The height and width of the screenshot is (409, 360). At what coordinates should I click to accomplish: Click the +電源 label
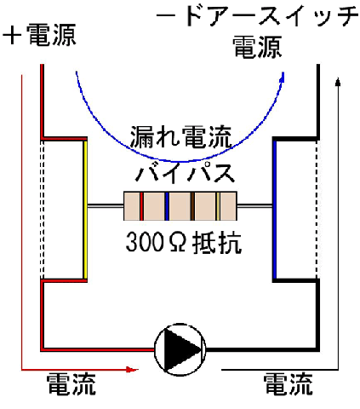(x=39, y=35)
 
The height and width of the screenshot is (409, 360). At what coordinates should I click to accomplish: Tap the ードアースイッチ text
(x=257, y=15)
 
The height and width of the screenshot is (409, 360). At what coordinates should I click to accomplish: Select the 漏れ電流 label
(x=181, y=137)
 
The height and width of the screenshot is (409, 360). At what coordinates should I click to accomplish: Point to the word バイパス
(x=185, y=172)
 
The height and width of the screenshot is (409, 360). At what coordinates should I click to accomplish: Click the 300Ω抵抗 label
(x=184, y=242)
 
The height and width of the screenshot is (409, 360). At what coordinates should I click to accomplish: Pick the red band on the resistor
(x=141, y=206)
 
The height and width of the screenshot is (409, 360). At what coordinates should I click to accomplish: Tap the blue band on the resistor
(x=167, y=206)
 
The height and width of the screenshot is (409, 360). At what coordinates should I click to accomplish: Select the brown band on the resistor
(x=192, y=206)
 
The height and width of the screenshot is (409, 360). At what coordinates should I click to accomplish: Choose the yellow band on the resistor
(x=218, y=206)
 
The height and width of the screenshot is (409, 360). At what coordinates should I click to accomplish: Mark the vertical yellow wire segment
(x=85, y=210)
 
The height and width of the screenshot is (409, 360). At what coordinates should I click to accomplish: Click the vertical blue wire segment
(x=274, y=210)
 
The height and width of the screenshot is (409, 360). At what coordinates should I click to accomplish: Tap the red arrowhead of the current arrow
(x=132, y=370)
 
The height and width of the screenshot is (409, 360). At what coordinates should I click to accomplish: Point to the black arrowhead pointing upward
(x=338, y=82)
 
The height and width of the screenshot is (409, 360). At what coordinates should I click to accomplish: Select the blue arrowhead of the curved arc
(x=282, y=77)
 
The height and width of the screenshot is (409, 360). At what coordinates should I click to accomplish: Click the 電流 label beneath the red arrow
(x=71, y=384)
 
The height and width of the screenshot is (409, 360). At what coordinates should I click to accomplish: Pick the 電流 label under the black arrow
(x=289, y=384)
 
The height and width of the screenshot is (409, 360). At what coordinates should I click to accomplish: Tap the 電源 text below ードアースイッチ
(x=257, y=47)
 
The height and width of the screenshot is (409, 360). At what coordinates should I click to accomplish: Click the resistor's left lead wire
(x=106, y=206)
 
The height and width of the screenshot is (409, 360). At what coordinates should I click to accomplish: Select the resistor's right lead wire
(x=254, y=206)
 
